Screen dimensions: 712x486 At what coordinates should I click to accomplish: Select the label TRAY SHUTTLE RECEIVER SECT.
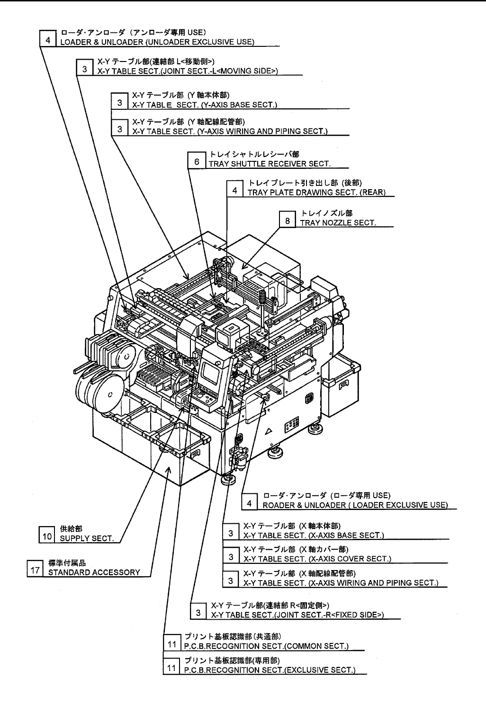(269, 164)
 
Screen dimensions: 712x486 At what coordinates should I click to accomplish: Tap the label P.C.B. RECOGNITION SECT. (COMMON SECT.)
(266, 646)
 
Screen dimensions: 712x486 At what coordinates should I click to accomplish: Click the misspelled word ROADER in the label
(277, 504)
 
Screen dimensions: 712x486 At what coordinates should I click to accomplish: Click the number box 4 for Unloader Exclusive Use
(47, 40)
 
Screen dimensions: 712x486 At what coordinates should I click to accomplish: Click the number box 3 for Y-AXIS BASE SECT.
(120, 102)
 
